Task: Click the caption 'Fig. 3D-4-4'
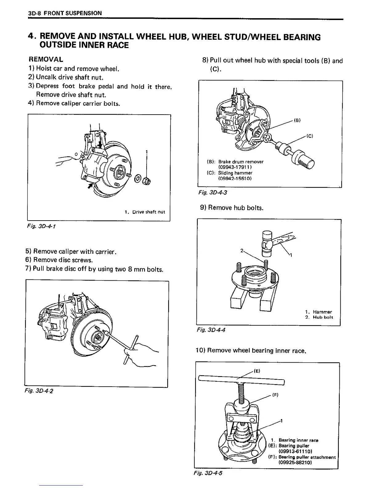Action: pyautogui.click(x=211, y=330)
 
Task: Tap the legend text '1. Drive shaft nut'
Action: pyautogui.click(x=145, y=212)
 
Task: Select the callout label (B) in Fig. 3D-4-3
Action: pyautogui.click(x=297, y=120)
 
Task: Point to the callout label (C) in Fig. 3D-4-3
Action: pyautogui.click(x=310, y=136)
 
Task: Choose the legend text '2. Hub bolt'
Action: pyautogui.click(x=319, y=317)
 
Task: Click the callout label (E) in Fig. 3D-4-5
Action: pyautogui.click(x=257, y=371)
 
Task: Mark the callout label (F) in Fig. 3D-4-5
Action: pyautogui.click(x=275, y=395)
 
